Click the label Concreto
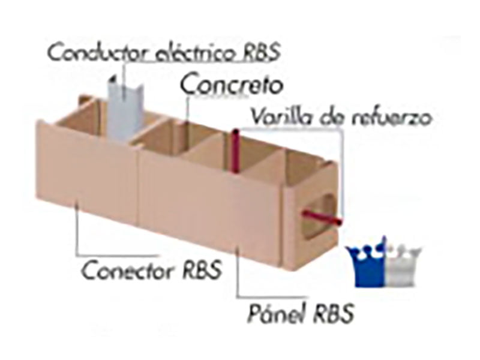[x=231, y=85]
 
